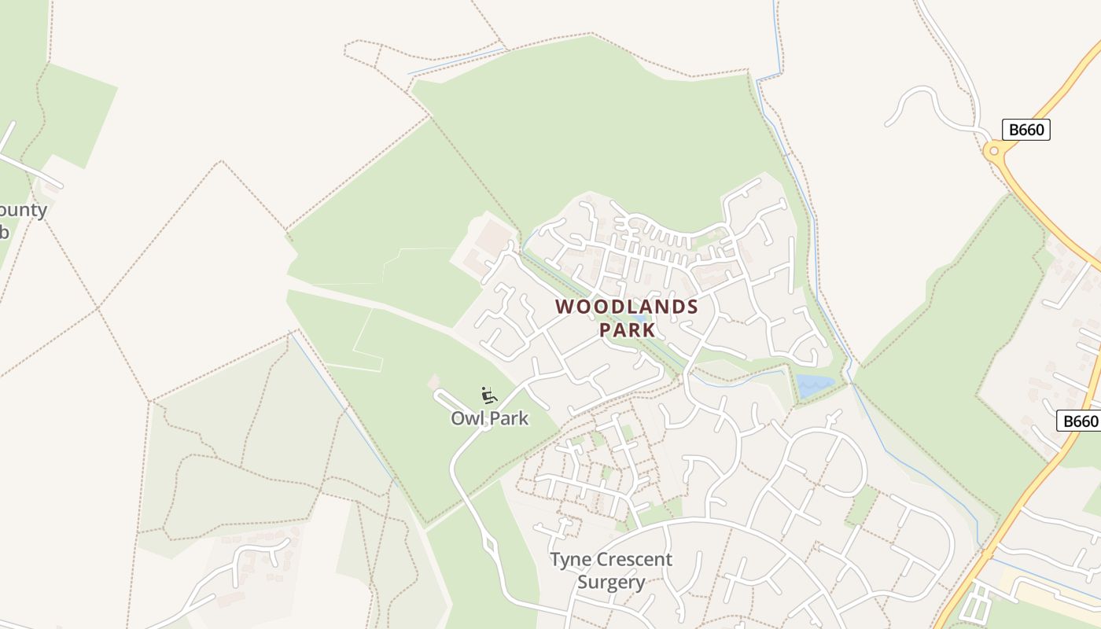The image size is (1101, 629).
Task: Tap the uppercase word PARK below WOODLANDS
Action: tap(627, 329)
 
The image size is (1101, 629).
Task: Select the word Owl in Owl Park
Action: tap(466, 418)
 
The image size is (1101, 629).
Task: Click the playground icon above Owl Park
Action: tap(488, 395)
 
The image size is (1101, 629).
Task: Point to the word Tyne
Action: tap(571, 560)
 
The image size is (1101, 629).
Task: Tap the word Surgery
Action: tap(611, 583)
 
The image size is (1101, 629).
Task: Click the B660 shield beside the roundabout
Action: tap(1026, 130)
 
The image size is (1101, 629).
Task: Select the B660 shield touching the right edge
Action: tap(1079, 421)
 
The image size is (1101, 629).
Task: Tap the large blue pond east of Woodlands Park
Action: tap(814, 384)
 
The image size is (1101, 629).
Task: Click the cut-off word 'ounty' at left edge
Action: tap(24, 211)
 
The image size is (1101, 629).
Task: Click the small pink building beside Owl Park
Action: tap(434, 381)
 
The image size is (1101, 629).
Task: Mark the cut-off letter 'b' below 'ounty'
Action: tap(4, 233)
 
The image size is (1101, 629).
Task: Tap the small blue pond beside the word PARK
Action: tap(642, 319)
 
